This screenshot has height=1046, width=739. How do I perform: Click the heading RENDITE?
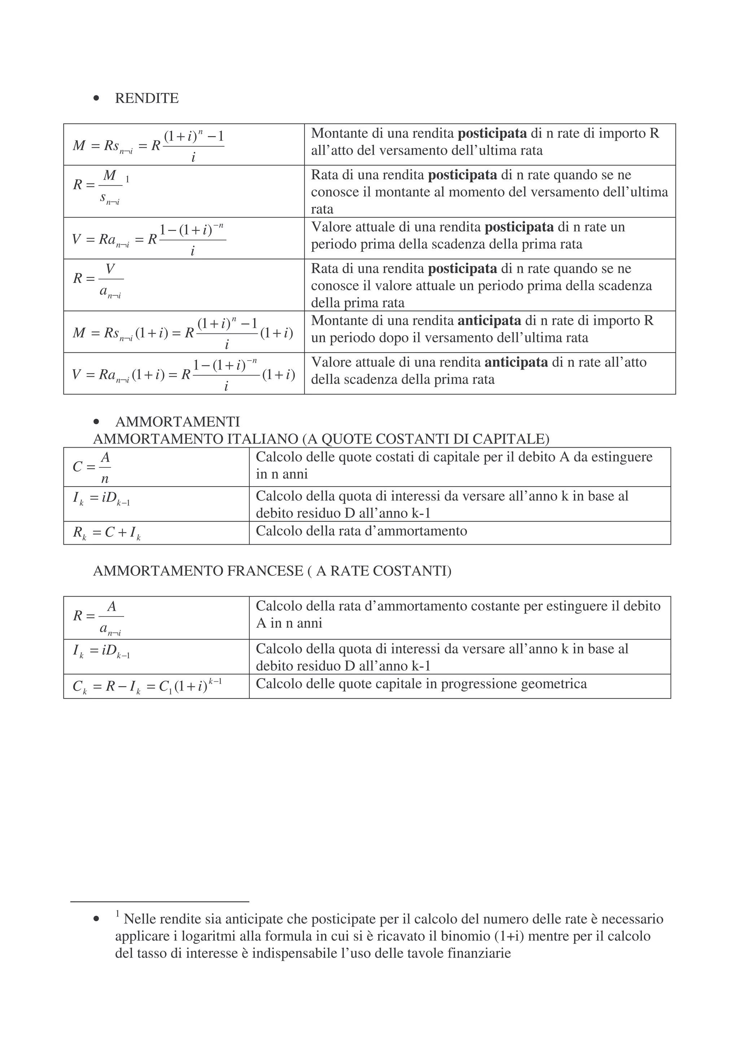point(147,99)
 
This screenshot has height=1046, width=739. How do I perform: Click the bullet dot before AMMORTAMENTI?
point(96,422)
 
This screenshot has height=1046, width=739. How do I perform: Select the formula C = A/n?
point(92,467)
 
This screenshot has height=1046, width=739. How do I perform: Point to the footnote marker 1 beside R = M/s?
point(127,179)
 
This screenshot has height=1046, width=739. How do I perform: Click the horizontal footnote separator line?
point(159,902)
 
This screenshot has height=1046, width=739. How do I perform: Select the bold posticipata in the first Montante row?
point(492,134)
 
